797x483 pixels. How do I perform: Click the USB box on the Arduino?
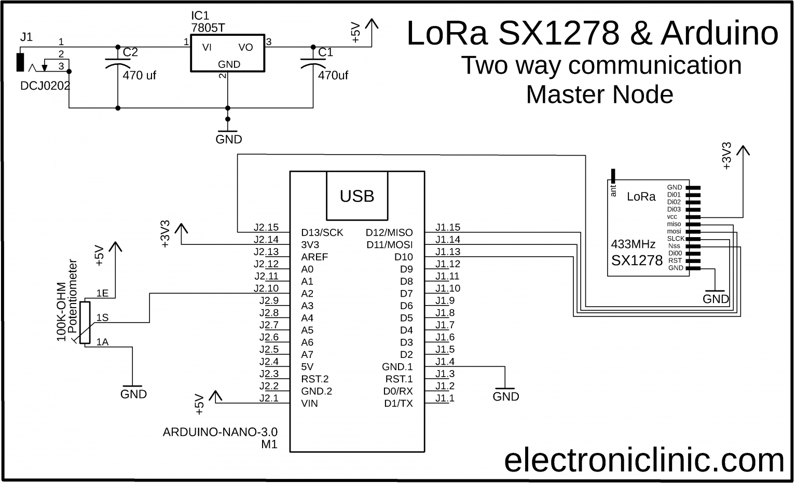(357, 196)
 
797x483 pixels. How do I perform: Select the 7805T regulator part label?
(208, 28)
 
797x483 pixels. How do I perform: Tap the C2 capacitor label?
(130, 52)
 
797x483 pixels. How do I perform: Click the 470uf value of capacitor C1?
(333, 75)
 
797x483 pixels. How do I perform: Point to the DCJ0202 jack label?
(45, 86)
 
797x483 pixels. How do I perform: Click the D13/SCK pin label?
(322, 232)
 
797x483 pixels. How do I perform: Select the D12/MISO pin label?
(389, 232)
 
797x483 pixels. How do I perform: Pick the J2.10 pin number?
(266, 288)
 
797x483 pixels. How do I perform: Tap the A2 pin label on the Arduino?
(307, 294)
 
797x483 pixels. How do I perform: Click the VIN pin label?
(310, 403)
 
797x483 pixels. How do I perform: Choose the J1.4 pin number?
(445, 362)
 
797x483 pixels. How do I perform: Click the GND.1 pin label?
(397, 367)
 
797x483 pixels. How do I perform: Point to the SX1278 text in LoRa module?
(637, 260)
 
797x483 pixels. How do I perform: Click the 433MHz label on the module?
(633, 244)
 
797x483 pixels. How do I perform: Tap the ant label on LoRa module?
(613, 191)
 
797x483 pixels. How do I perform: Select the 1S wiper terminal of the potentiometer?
(102, 318)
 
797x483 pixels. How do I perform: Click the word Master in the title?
(566, 94)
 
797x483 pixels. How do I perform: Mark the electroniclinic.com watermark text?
(644, 460)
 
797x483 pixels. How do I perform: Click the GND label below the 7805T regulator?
(229, 140)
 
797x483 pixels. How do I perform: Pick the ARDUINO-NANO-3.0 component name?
(220, 432)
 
